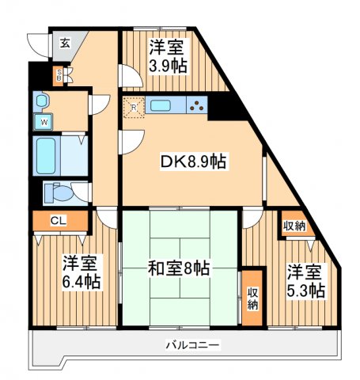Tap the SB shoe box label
click(58, 76)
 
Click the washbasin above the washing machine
click(43, 101)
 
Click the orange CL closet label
click(58, 221)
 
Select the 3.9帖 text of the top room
click(168, 66)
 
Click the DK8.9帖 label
click(193, 162)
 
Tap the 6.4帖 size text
click(81, 282)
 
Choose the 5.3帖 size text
click(305, 291)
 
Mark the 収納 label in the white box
click(294, 226)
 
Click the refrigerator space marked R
click(134, 107)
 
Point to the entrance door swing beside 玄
click(37, 44)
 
